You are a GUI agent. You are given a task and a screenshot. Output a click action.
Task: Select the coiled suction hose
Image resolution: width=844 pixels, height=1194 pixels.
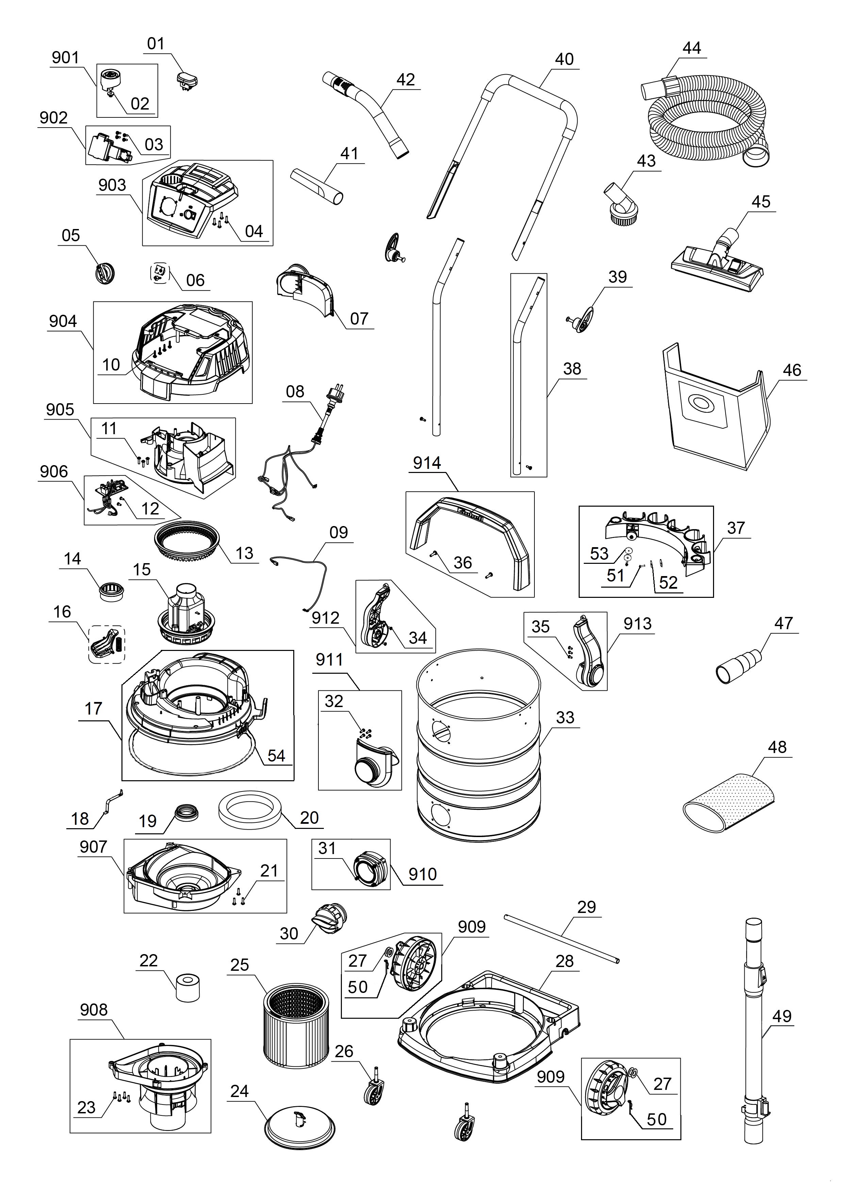tap(707, 125)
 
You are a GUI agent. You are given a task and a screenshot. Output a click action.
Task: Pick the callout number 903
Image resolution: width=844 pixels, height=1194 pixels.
tap(112, 185)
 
